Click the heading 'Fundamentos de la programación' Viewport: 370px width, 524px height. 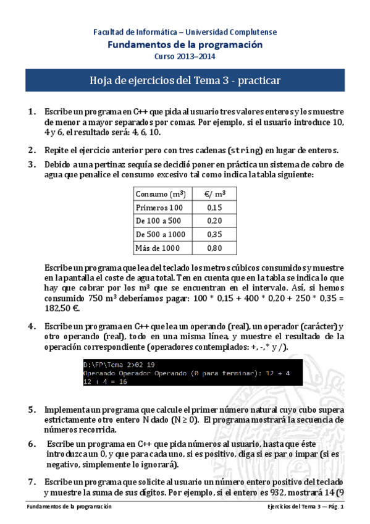(185, 44)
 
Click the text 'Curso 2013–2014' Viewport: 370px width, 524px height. (185, 57)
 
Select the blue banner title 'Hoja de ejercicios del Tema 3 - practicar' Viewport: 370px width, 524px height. (185, 80)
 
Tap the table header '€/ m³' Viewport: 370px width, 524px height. (214, 193)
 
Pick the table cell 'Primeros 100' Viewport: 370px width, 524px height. (159, 208)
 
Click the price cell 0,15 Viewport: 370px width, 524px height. (214, 208)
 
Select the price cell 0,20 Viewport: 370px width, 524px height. (214, 221)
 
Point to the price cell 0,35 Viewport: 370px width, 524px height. (214, 235)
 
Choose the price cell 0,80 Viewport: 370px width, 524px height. (214, 248)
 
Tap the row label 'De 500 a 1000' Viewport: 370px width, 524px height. (161, 235)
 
